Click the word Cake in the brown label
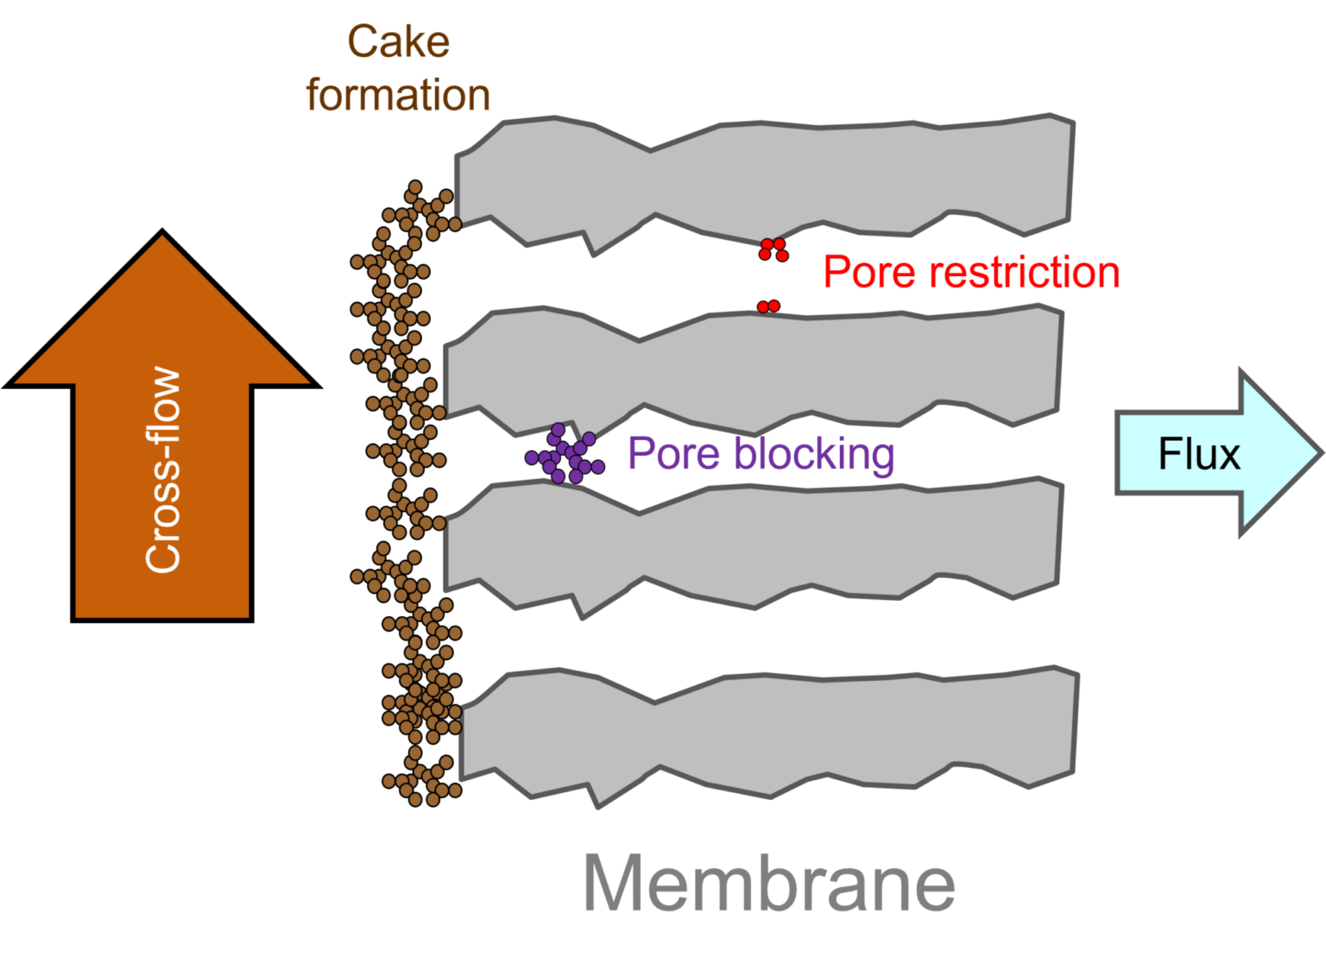click(398, 42)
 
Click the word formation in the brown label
click(398, 95)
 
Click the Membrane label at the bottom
click(769, 882)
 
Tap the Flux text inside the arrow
click(1198, 454)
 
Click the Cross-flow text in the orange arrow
click(163, 471)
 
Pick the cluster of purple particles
click(565, 455)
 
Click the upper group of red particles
click(773, 249)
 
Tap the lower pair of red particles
click(768, 306)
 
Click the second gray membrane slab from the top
click(751, 367)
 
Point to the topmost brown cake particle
click(414, 187)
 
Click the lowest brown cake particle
click(415, 800)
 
